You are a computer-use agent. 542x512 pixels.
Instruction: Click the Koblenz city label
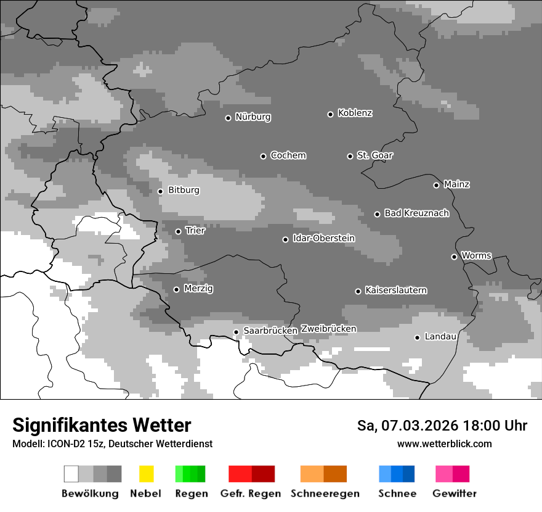tap(355, 114)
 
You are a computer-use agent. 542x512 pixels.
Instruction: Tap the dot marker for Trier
tap(179, 231)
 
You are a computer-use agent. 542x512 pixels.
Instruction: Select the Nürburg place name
tap(253, 117)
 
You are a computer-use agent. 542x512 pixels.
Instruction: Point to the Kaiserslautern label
tap(395, 291)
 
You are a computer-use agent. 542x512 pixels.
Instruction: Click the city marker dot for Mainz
tap(437, 185)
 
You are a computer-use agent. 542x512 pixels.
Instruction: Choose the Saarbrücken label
tap(270, 331)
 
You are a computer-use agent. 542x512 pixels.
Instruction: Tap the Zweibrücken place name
tap(328, 329)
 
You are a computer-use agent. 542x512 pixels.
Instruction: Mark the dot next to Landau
tap(418, 337)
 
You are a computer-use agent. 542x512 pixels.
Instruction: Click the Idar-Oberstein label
tap(323, 239)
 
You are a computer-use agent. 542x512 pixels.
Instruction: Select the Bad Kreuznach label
tap(416, 213)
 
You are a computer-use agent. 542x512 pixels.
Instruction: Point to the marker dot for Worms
tap(455, 257)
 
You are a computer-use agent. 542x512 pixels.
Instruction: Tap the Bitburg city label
tap(184, 191)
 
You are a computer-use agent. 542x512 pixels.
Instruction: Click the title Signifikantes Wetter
tap(102, 426)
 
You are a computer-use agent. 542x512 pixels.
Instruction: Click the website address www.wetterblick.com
tap(444, 444)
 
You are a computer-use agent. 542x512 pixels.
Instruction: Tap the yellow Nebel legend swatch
tap(146, 474)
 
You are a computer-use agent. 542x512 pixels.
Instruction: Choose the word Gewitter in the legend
tap(454, 493)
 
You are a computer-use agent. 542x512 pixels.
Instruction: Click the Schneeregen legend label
tap(325, 493)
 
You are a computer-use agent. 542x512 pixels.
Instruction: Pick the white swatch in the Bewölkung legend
tap(71, 474)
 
